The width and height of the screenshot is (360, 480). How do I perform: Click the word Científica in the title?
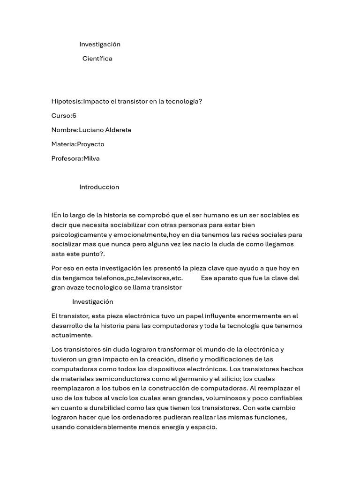point(97,59)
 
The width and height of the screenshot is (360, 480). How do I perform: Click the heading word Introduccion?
point(99,187)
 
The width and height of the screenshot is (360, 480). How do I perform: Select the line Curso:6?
point(64,116)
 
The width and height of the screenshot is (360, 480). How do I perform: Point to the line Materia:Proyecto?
point(78,144)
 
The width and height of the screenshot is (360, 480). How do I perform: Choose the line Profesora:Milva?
point(75,158)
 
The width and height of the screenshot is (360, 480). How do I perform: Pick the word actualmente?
point(72,335)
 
